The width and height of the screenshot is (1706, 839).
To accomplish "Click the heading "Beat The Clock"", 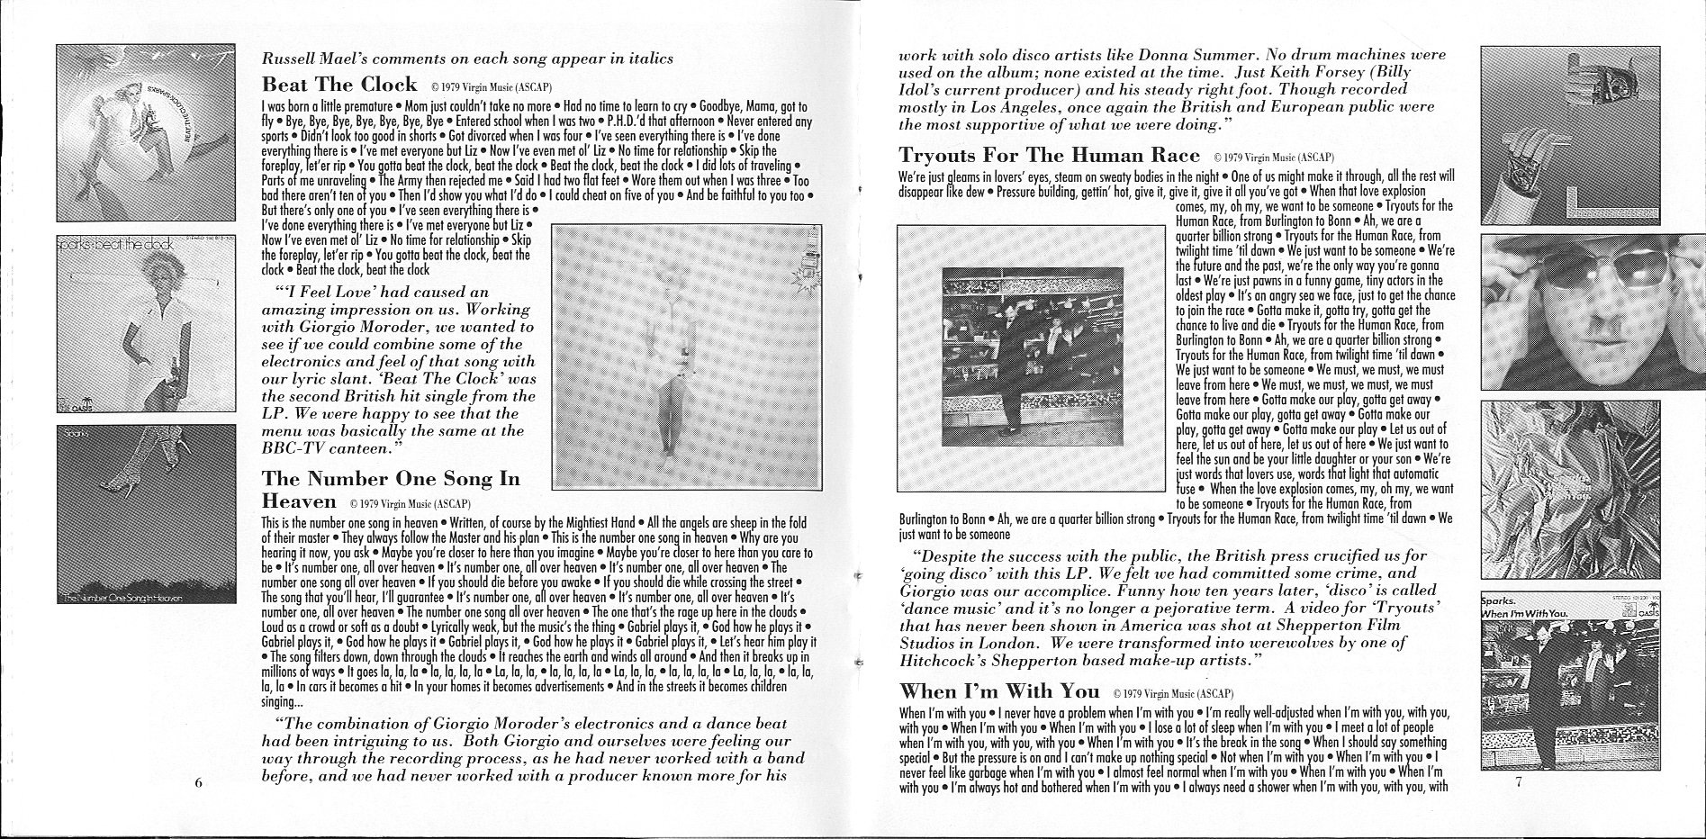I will pyautogui.click(x=338, y=85).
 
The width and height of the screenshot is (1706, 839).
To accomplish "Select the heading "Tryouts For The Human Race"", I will pyautogui.click(x=1050, y=155).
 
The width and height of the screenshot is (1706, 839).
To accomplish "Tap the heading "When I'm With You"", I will pyautogui.click(x=999, y=691).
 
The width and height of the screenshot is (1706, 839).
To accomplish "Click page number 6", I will pyautogui.click(x=198, y=781).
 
